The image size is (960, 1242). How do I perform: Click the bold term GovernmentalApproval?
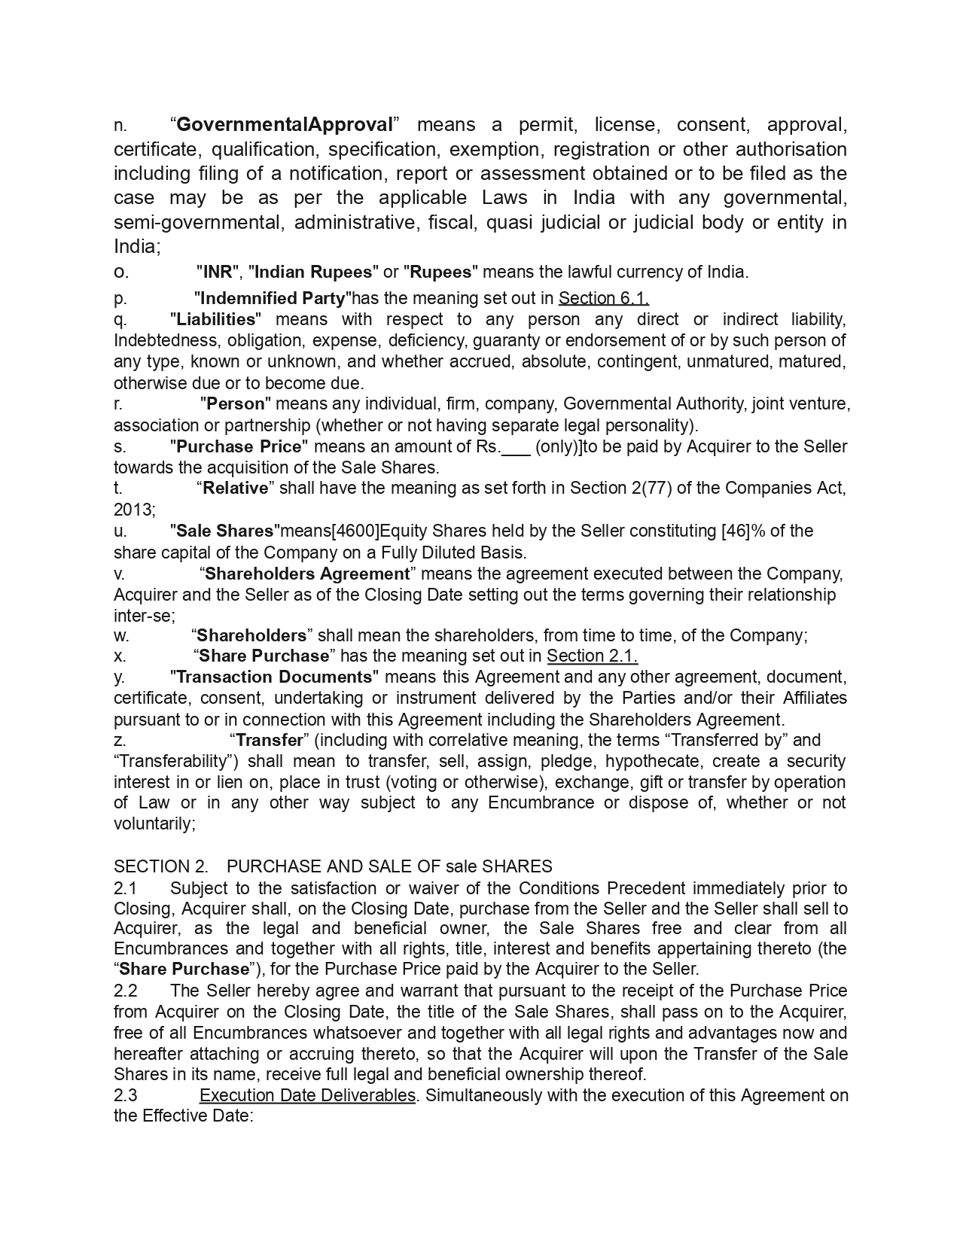pos(284,124)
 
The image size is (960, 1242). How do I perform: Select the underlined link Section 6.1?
pos(603,298)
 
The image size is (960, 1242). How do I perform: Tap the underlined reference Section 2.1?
pos(592,656)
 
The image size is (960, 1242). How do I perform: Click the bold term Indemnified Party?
pos(273,298)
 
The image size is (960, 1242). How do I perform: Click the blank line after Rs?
pos(516,447)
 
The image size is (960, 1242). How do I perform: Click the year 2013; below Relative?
pos(135,510)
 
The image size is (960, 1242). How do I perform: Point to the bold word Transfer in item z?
pos(269,740)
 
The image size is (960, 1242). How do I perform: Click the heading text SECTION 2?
pos(160,866)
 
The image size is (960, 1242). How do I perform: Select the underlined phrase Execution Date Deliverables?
pos(307,1095)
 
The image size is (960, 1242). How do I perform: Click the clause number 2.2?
pos(126,991)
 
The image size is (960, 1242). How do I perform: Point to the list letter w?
pos(121,635)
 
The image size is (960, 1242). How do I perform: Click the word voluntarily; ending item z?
pos(154,823)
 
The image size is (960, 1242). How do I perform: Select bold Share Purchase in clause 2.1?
pos(184,969)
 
